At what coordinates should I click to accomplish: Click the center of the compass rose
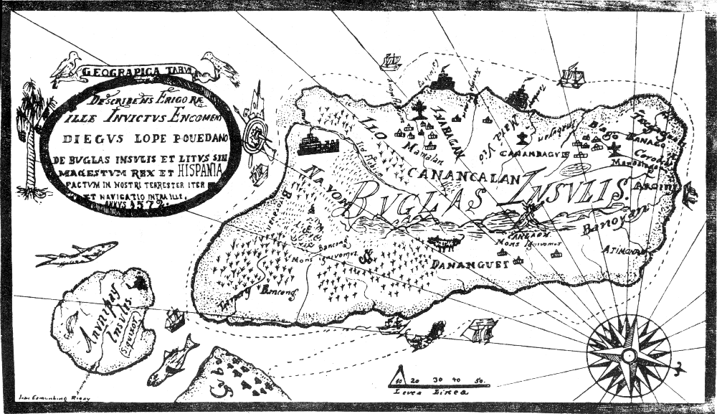629,355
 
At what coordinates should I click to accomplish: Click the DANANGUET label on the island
471,265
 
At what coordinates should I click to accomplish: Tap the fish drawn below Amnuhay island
174,357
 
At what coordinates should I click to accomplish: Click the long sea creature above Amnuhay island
77,253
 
